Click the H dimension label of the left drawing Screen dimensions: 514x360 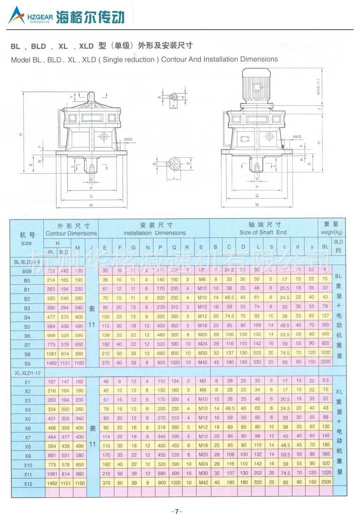point(21,134)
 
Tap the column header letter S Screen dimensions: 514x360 point(201,247)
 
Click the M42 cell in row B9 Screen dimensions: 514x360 point(201,362)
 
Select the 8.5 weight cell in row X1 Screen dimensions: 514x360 point(324,381)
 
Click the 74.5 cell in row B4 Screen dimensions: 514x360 point(229,317)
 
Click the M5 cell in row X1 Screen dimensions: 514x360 point(201,381)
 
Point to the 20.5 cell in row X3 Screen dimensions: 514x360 point(284,400)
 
